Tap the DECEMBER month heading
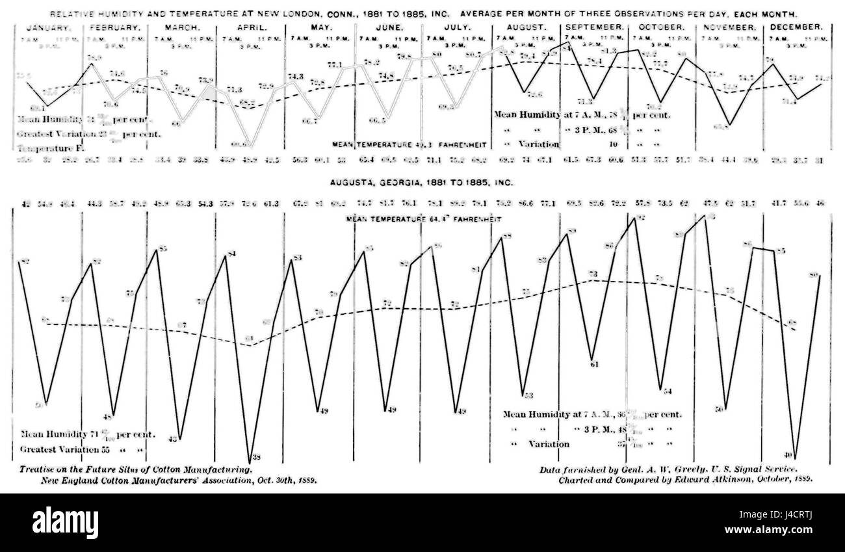tap(796, 27)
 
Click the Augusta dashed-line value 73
tap(593, 274)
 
